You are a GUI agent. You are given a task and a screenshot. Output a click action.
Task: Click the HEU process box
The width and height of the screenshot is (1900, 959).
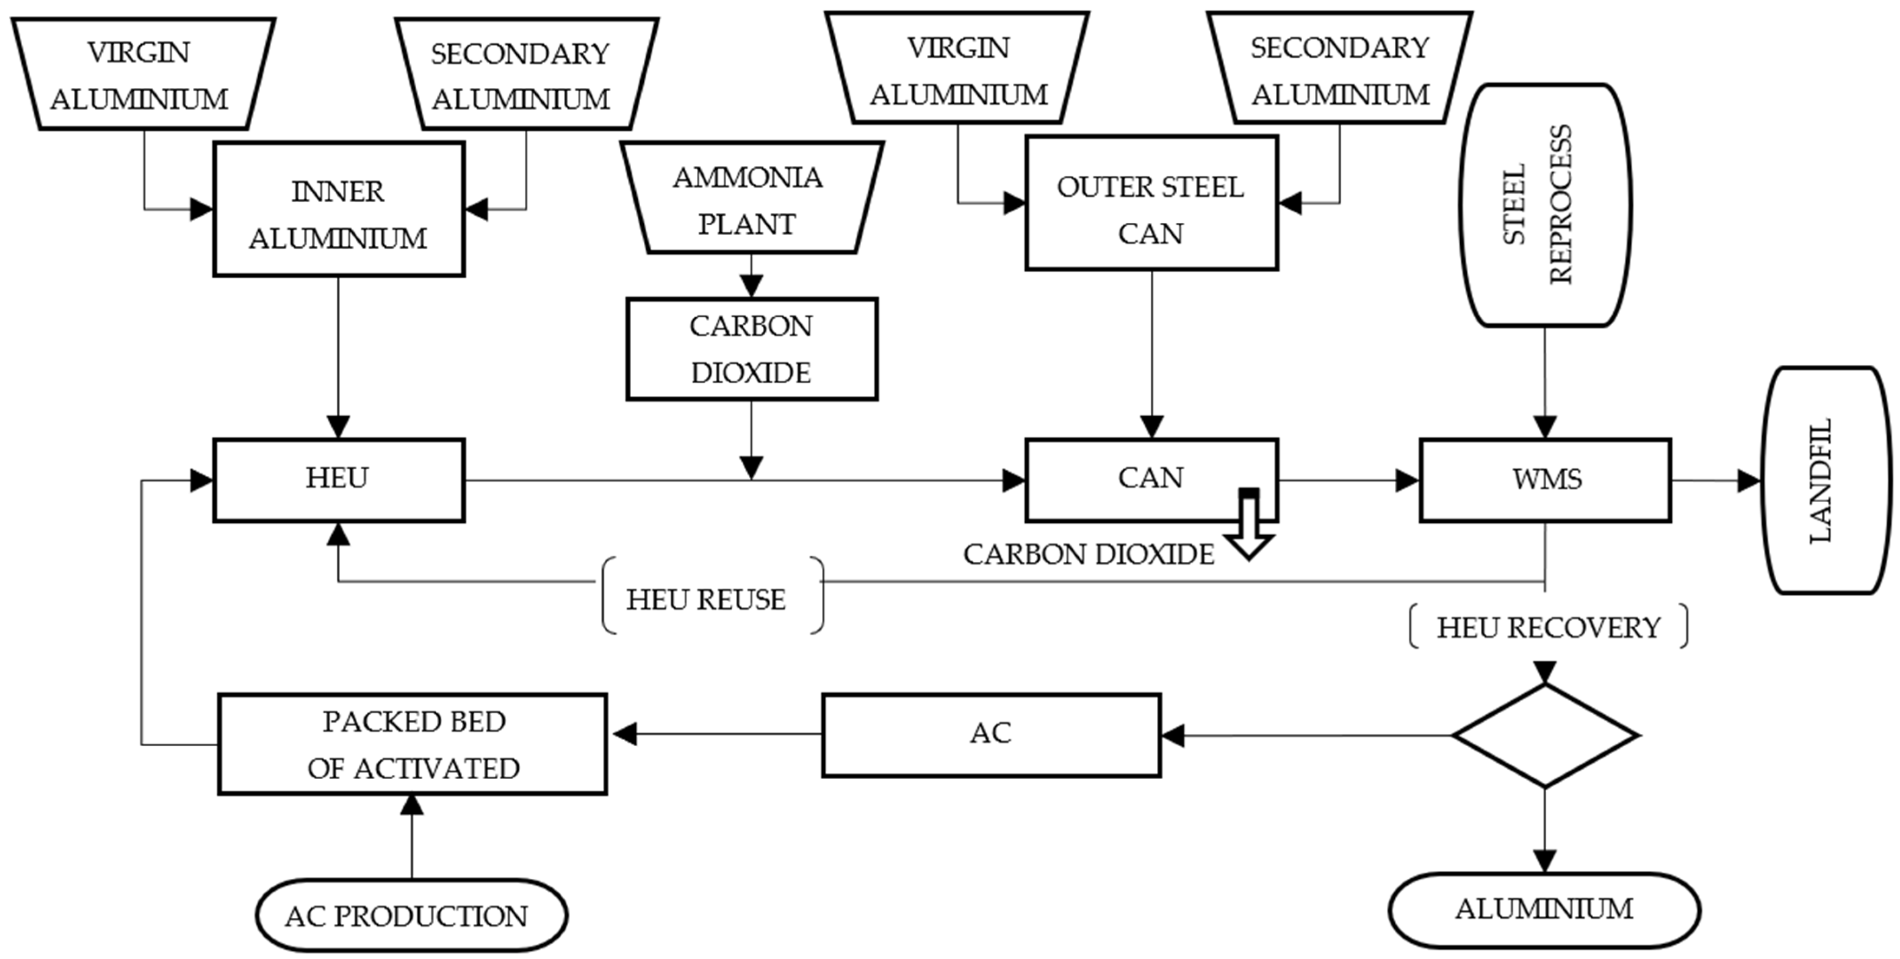tap(339, 479)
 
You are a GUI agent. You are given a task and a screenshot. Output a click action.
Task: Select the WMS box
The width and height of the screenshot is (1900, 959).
tap(1545, 479)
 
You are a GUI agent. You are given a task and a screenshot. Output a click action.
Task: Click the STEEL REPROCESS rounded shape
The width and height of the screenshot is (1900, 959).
tap(1545, 205)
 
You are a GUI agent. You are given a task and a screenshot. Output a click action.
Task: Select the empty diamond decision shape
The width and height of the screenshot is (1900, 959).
tap(1545, 735)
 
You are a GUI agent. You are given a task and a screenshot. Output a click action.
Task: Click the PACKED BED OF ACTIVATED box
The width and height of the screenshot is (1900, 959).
tap(412, 744)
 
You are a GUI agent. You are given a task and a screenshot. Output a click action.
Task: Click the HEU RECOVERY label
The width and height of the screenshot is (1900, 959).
tap(1548, 627)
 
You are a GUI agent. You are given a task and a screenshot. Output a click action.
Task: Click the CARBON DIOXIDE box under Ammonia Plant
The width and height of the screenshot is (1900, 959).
tap(751, 349)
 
